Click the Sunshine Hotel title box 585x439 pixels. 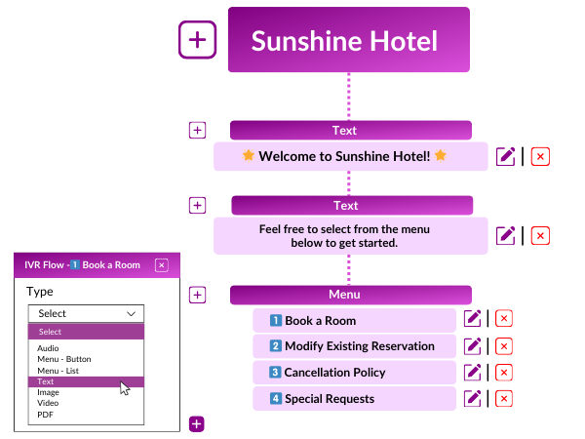click(348, 40)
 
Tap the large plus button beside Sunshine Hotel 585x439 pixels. click(197, 40)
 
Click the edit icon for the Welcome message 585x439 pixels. click(505, 156)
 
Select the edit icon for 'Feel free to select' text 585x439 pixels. click(505, 235)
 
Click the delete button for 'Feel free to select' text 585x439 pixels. click(540, 235)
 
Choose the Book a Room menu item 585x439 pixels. click(354, 320)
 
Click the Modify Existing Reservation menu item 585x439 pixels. click(354, 346)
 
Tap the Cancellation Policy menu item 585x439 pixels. click(354, 372)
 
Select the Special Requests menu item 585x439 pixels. click(354, 398)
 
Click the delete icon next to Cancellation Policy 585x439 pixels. click(504, 372)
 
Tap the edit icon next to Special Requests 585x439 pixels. click(473, 398)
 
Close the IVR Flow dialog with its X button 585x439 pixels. click(162, 264)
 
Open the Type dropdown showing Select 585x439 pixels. click(86, 313)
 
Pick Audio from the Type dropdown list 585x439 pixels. click(48, 348)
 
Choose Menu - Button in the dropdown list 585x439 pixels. click(64, 359)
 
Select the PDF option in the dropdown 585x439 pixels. click(46, 415)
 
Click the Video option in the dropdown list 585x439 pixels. click(48, 403)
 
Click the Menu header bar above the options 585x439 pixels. click(351, 295)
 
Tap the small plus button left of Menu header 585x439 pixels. click(197, 295)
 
